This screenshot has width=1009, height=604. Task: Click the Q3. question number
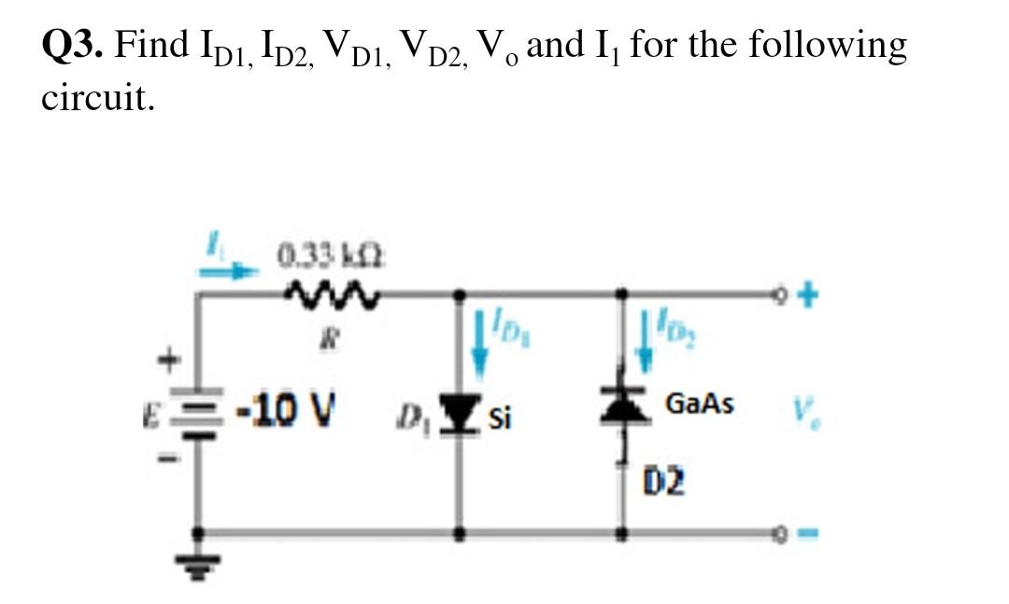click(x=73, y=45)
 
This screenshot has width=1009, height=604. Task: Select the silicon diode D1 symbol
click(x=458, y=411)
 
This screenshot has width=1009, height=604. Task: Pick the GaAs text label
click(x=699, y=404)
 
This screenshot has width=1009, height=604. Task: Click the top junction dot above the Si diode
click(x=458, y=296)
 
